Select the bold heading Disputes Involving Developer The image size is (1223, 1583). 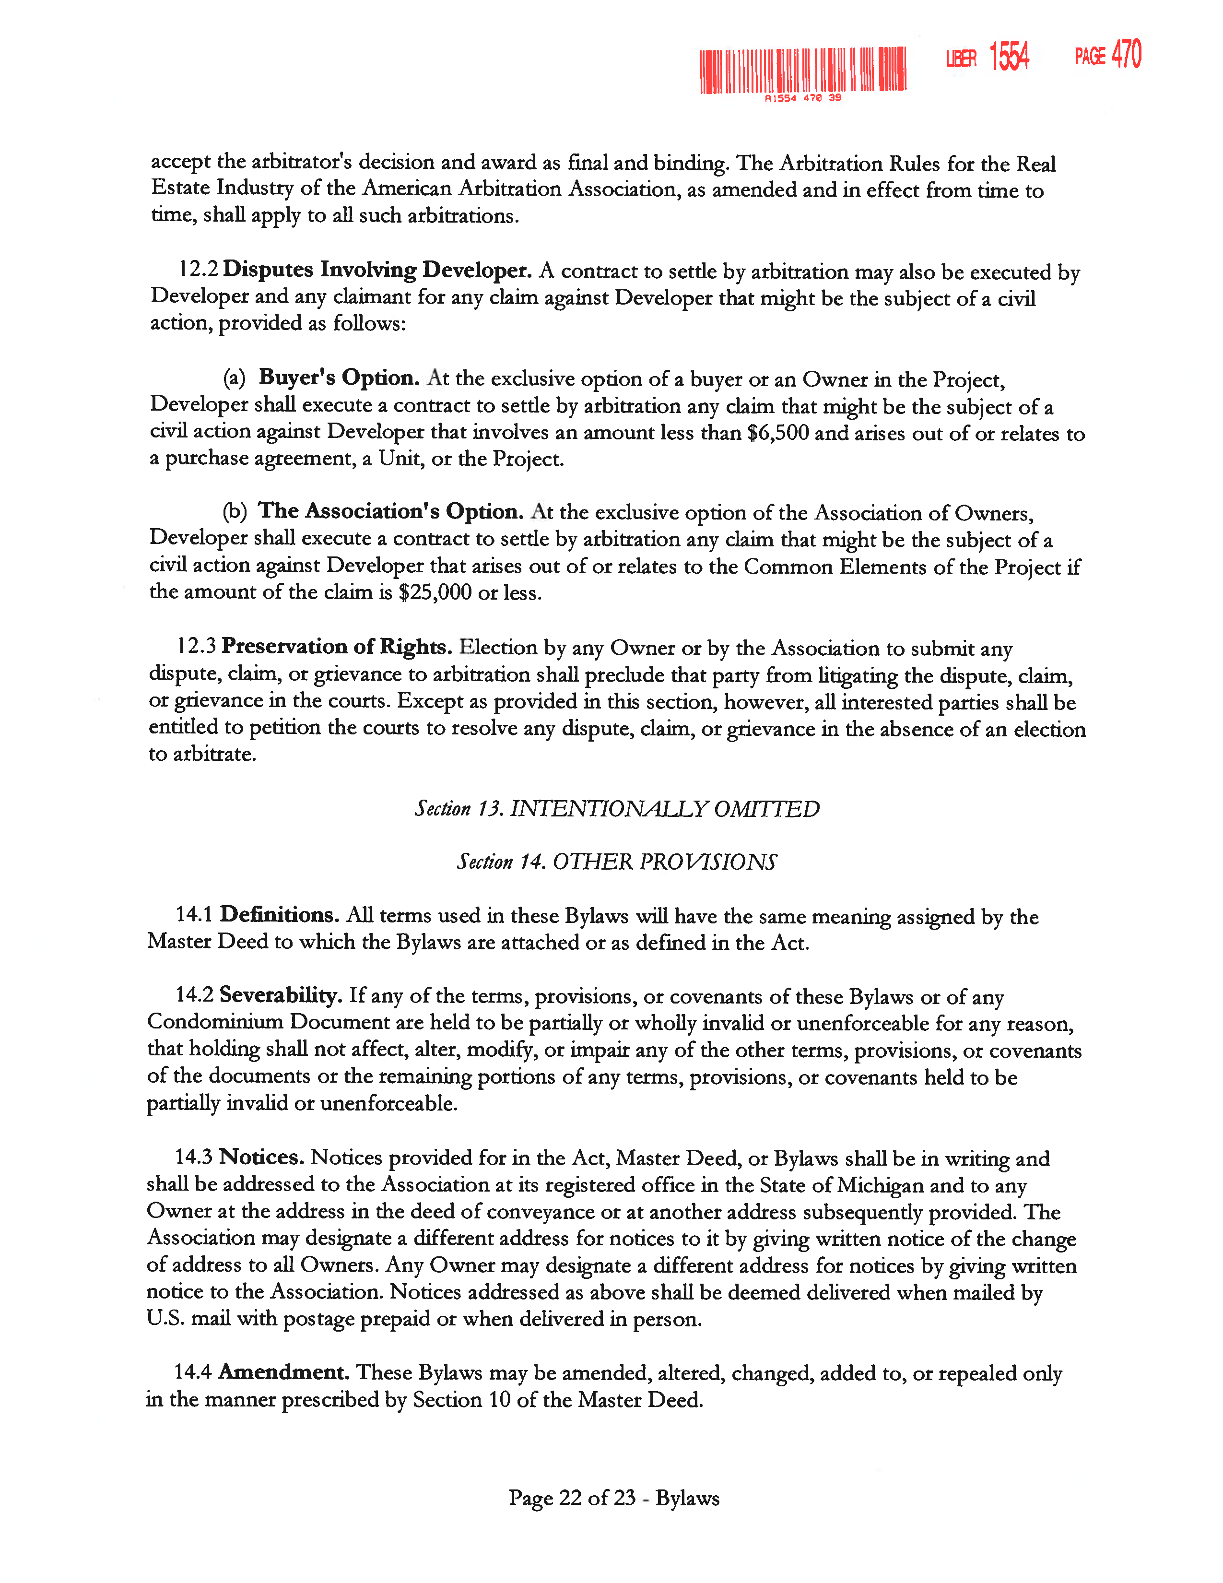click(377, 270)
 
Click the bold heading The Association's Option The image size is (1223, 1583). click(390, 511)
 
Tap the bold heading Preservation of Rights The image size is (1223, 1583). click(337, 646)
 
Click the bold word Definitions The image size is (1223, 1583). click(280, 915)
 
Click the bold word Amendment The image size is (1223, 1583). click(284, 1371)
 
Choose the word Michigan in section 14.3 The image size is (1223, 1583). click(880, 1184)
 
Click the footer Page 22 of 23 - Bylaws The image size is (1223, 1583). click(614, 1498)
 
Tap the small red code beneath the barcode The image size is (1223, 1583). click(803, 98)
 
